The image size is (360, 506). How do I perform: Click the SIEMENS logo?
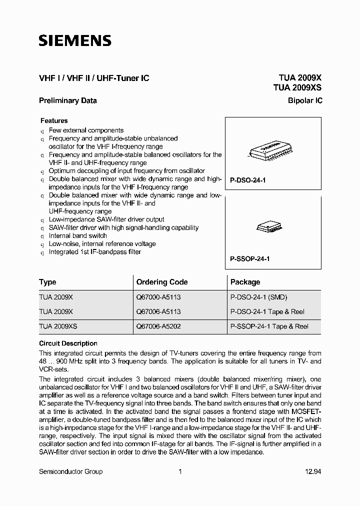click(x=75, y=41)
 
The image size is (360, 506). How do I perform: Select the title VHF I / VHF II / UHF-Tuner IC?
click(x=94, y=78)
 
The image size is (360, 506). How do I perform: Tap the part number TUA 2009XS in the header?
click(x=297, y=87)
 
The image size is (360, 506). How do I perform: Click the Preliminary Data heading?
click(x=68, y=100)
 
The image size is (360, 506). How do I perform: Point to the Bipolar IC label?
click(x=305, y=100)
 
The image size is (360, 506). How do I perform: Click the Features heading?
click(x=54, y=120)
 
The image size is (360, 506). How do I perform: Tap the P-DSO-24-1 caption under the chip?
click(x=247, y=179)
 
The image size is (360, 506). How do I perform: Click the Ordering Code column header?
click(x=161, y=282)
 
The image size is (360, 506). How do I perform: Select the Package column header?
click(x=245, y=282)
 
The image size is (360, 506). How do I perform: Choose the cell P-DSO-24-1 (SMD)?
click(x=258, y=296)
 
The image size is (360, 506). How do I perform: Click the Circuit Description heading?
click(x=68, y=343)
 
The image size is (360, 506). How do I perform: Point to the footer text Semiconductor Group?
click(x=70, y=471)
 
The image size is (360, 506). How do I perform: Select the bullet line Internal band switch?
click(x=77, y=235)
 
